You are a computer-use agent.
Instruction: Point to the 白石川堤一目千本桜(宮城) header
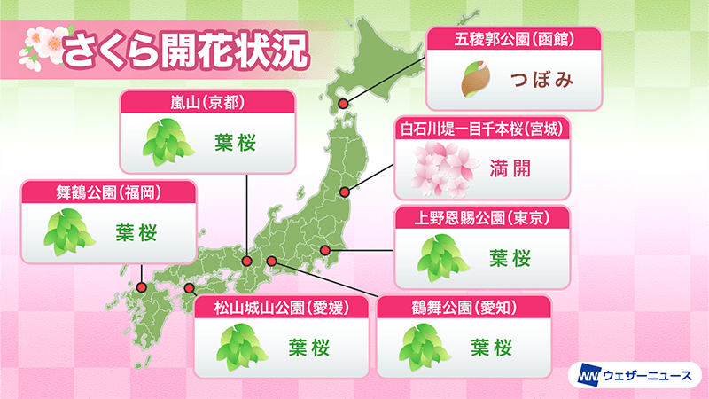point(481,129)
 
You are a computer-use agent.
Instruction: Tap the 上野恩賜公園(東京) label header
point(481,218)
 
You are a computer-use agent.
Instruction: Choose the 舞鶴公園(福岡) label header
point(108,191)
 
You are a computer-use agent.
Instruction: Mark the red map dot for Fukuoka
point(141,286)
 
